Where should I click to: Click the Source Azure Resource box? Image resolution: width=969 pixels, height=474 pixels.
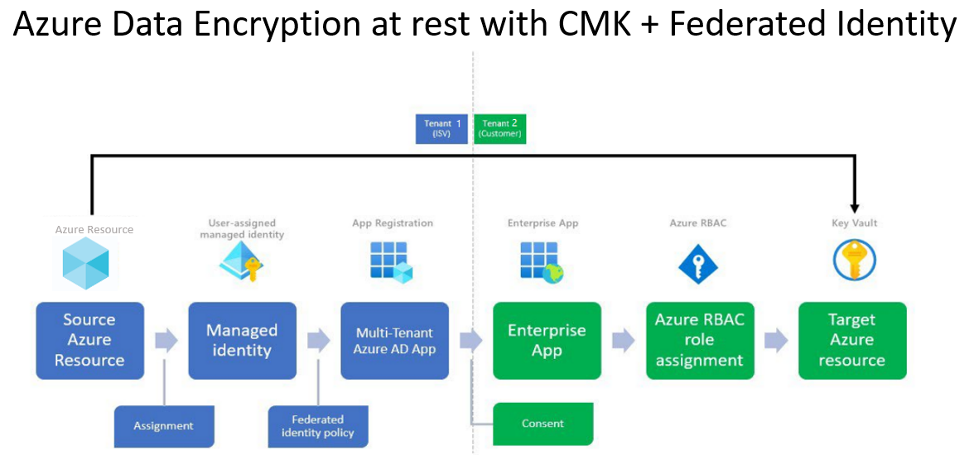[89, 340]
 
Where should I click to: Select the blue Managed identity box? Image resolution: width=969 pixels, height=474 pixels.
[242, 340]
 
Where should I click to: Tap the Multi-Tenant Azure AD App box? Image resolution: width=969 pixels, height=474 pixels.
[394, 340]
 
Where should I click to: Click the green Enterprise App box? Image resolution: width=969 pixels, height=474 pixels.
[547, 340]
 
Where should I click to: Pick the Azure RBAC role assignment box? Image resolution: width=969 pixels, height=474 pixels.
[700, 340]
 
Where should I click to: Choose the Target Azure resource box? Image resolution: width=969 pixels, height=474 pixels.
[852, 340]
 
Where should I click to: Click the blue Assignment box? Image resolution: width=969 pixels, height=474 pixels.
[163, 426]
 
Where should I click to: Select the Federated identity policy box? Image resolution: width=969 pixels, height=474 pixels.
[317, 426]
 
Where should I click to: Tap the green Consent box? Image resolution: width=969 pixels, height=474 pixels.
[543, 424]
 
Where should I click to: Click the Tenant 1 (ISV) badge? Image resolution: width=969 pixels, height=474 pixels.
[443, 128]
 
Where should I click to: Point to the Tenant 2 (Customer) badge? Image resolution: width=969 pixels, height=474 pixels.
[500, 128]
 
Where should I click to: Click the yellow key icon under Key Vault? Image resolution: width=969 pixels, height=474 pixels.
[854, 261]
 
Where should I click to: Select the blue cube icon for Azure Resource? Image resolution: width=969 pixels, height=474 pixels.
[86, 262]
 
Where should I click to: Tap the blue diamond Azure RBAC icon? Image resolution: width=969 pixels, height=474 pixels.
[698, 263]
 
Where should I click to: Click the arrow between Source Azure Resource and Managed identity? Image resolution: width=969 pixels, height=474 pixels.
[166, 340]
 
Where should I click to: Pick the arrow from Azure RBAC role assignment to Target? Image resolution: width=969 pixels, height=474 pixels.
[776, 340]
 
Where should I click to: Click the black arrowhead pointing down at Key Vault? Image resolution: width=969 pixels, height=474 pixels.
[855, 208]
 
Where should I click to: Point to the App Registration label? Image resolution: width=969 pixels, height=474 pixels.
[393, 223]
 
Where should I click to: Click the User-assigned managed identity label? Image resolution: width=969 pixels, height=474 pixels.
[241, 229]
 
